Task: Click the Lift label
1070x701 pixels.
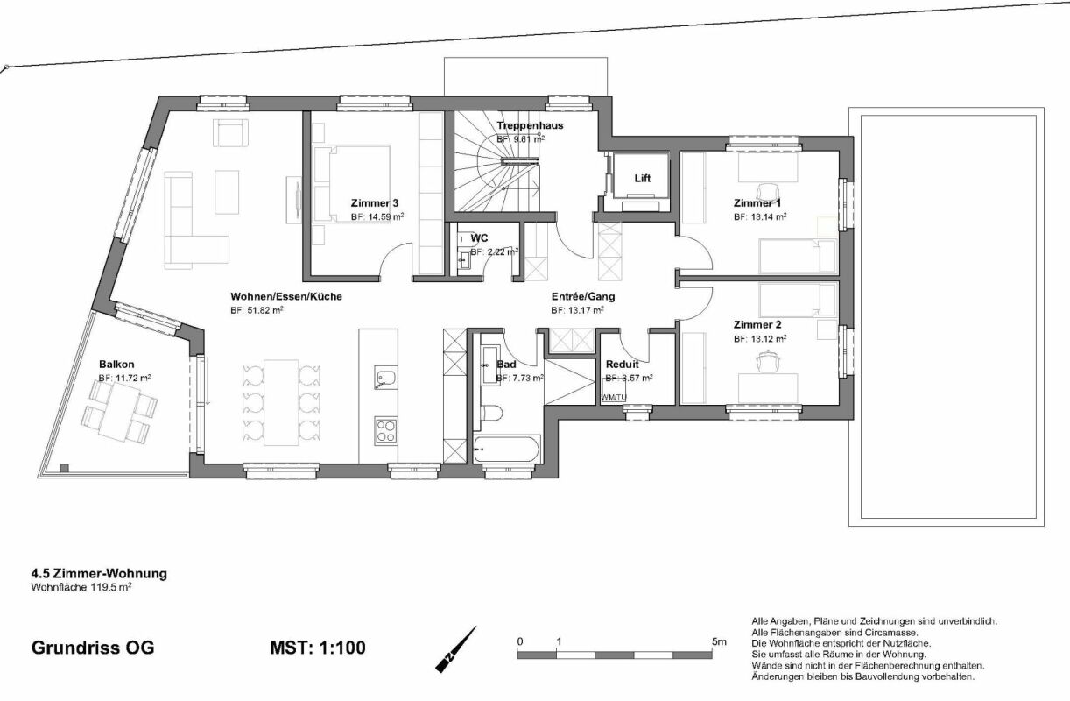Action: pos(643,179)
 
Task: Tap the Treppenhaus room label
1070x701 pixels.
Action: pos(530,125)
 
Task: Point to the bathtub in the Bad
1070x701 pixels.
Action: pos(506,450)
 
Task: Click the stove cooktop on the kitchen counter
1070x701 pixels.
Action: pos(386,429)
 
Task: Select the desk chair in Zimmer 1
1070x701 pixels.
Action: pos(768,192)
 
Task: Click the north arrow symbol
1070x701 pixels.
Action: pos(456,649)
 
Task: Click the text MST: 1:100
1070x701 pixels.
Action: pos(318,648)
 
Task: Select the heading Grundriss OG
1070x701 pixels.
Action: pos(93,648)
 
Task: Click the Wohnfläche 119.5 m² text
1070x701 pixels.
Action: pos(81,588)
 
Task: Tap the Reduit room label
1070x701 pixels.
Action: pos(622,364)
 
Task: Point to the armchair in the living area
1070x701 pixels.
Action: pos(229,134)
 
